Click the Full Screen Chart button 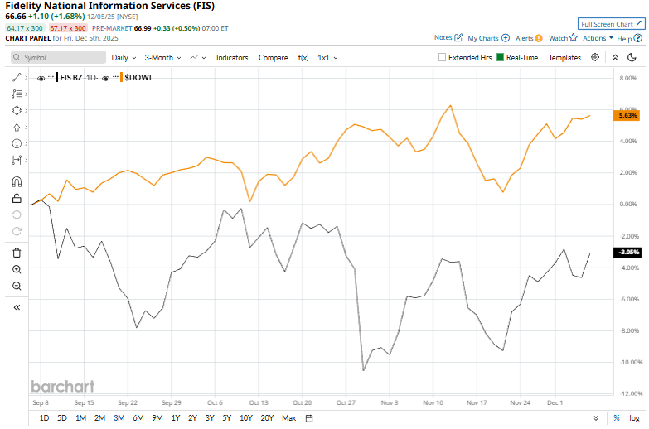point(611,24)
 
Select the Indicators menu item point(232,58)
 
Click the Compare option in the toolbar point(273,58)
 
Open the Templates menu point(564,58)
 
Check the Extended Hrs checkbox point(442,58)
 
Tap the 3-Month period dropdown point(162,58)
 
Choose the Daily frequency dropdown point(124,58)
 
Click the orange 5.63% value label point(627,117)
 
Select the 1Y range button point(175,417)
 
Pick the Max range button point(288,417)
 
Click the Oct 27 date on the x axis point(346,402)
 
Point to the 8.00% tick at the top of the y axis point(627,78)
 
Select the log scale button point(634,417)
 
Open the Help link point(623,38)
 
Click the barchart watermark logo point(62,386)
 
